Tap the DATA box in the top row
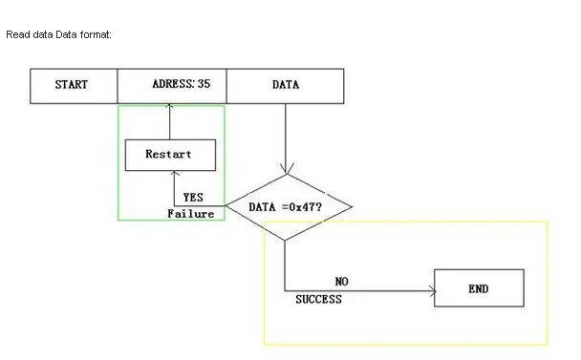[x=285, y=85]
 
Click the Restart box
[x=169, y=155]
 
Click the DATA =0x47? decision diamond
[x=287, y=206]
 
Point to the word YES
[x=194, y=198]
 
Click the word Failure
[x=190, y=214]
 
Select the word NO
[x=341, y=282]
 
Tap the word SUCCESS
[x=318, y=299]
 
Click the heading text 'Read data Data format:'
[x=58, y=35]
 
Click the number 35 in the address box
[x=204, y=84]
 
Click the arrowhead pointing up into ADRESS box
[x=169, y=106]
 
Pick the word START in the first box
[x=72, y=85]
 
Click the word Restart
[x=169, y=155]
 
